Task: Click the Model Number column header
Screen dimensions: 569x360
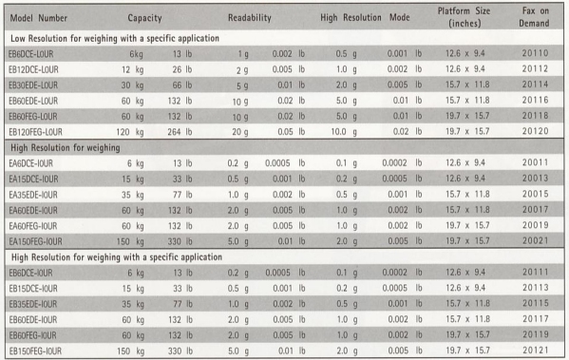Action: coord(38,18)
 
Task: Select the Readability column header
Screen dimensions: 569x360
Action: coord(250,17)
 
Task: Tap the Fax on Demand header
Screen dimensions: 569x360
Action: coord(534,17)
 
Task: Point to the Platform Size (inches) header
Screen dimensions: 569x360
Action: coord(465,17)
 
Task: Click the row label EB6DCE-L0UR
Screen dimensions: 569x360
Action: coord(30,54)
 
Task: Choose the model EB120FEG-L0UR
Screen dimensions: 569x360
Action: coord(35,132)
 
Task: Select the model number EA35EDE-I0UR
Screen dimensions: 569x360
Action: coord(33,195)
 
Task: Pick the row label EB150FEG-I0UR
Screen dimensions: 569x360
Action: coord(35,351)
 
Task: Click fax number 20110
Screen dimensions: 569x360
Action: coord(535,53)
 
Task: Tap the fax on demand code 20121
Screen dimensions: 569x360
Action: coord(536,351)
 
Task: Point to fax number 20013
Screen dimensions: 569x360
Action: coord(536,179)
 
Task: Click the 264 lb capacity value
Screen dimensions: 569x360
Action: coord(180,132)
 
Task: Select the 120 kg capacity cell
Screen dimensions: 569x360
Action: coord(130,132)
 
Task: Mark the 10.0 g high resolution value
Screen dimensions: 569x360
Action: coord(343,131)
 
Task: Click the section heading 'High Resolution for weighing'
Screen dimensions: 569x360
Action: coord(66,147)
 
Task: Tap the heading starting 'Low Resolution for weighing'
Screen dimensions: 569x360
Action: coord(115,38)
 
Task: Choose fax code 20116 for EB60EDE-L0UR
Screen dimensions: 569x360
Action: coord(535,100)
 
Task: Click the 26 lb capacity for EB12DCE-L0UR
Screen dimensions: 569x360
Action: coord(182,69)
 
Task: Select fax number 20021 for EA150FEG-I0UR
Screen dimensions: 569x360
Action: coord(536,240)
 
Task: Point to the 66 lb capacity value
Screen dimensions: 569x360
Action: coord(182,85)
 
